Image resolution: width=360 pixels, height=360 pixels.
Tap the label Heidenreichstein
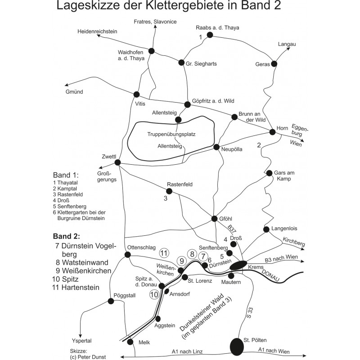point(97,31)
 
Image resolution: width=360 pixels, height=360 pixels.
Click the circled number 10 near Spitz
point(154,294)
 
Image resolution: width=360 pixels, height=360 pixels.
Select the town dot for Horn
point(272,132)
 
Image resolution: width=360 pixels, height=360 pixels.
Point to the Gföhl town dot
point(215,219)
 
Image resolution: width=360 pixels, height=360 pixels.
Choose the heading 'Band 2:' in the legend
point(67,236)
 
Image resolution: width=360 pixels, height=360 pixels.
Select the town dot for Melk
point(130,342)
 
